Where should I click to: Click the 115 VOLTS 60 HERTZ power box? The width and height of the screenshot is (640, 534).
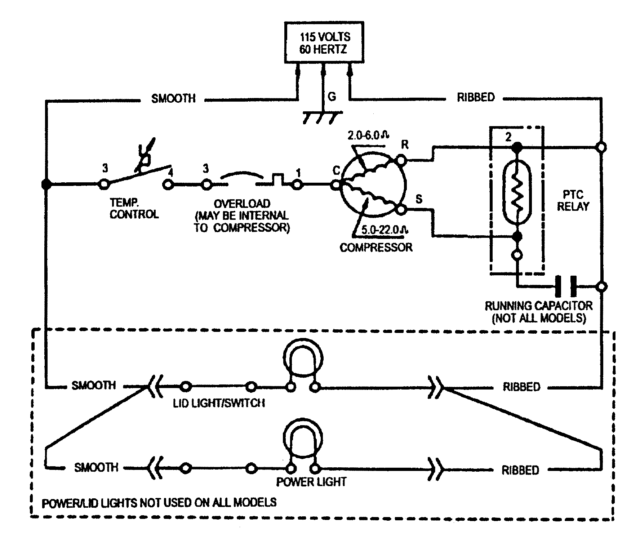pos(324,43)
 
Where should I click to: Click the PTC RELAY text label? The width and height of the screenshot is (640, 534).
pos(573,201)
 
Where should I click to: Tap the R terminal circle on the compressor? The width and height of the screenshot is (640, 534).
pos(401,159)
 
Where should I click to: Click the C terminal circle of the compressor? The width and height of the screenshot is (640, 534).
pos(336,185)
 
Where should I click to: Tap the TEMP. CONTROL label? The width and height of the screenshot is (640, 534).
pos(134,209)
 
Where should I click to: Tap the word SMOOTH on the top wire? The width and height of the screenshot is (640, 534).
pos(173,98)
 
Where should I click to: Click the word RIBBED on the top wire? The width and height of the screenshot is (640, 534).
pos(476,98)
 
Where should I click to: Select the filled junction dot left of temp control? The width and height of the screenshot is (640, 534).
pos(46,184)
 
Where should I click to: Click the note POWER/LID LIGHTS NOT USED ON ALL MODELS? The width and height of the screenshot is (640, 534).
pos(159,503)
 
